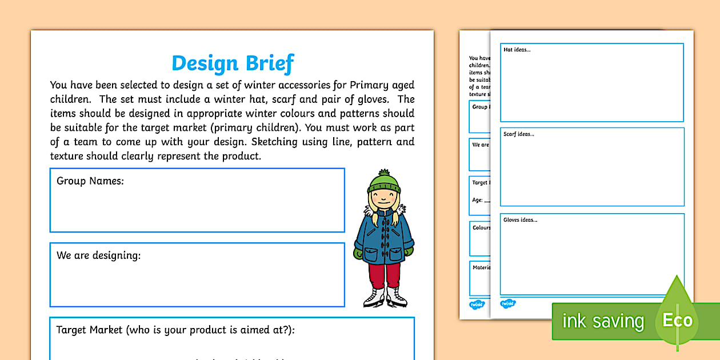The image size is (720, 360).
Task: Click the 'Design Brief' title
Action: click(233, 63)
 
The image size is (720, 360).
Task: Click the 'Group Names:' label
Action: click(90, 181)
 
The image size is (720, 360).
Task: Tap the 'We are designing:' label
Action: click(98, 255)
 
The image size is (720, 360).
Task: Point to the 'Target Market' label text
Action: click(89, 330)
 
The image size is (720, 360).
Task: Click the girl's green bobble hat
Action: click(383, 182)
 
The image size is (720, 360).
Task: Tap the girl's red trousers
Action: click(384, 275)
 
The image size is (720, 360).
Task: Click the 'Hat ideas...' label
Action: click(517, 50)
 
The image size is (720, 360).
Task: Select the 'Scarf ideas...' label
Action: click(519, 134)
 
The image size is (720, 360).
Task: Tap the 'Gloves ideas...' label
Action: click(520, 219)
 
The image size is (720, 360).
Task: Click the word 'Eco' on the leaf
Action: click(677, 321)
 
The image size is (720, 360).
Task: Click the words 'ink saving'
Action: click(603, 321)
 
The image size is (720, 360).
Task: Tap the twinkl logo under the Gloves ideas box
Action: click(507, 304)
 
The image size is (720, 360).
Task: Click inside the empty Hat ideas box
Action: click(591, 86)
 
